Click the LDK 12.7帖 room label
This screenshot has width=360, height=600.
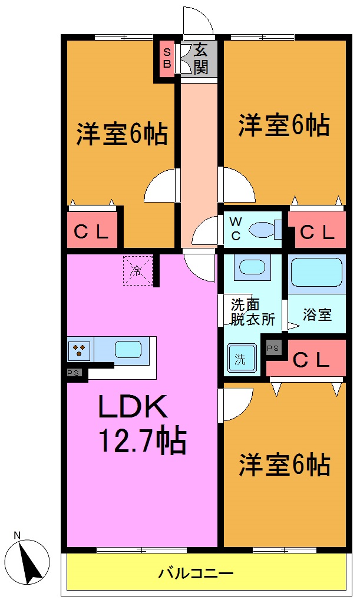pos(141,422)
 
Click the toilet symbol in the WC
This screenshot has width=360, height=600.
pos(263,230)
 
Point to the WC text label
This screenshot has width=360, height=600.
pos(235,230)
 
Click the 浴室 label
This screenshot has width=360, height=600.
pos(317,314)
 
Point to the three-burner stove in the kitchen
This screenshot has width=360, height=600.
pos(78,350)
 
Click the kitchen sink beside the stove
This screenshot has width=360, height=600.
pos(128,350)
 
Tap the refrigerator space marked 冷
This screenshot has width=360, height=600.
pos(137,271)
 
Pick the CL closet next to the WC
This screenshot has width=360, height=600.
pos(318,232)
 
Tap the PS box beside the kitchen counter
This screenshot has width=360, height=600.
pos(74,373)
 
